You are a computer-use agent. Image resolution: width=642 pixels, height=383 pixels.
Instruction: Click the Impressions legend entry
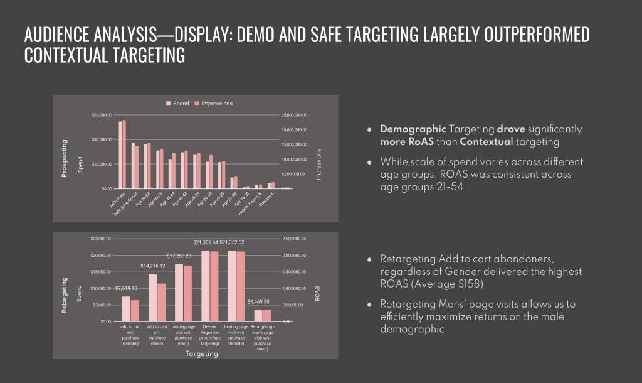tap(213, 104)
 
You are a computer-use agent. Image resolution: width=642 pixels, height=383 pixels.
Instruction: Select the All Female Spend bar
tap(120, 154)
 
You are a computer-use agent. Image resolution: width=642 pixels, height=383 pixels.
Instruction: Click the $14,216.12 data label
tap(152, 266)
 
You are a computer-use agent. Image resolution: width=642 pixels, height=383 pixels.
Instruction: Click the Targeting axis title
tap(202, 354)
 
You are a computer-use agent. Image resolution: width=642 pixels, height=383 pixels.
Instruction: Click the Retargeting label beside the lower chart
tap(64, 297)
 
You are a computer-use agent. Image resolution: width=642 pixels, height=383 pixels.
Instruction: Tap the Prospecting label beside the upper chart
tap(64, 158)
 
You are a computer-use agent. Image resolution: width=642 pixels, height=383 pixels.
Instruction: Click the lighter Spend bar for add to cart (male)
tap(152, 298)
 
